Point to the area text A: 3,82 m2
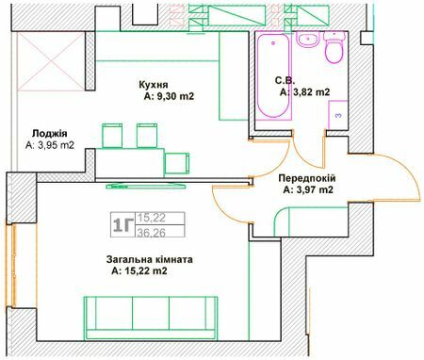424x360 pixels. point(304,92)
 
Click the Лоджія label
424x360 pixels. point(48,133)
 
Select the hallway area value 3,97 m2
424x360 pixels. point(309,190)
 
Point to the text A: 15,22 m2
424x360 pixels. point(139,271)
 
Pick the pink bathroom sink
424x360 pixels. point(307,40)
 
